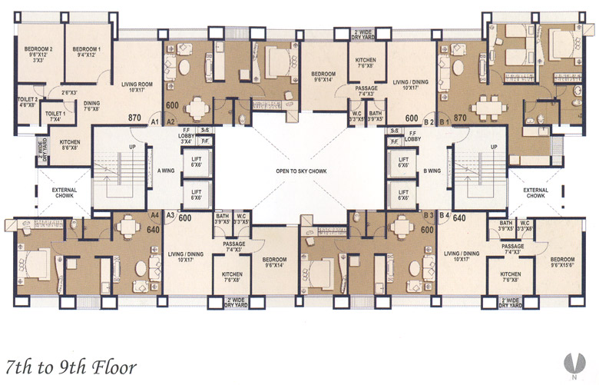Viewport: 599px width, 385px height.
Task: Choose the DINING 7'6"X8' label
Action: [92, 105]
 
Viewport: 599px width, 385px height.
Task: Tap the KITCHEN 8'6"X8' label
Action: [71, 144]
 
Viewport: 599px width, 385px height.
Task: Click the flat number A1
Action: [154, 121]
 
